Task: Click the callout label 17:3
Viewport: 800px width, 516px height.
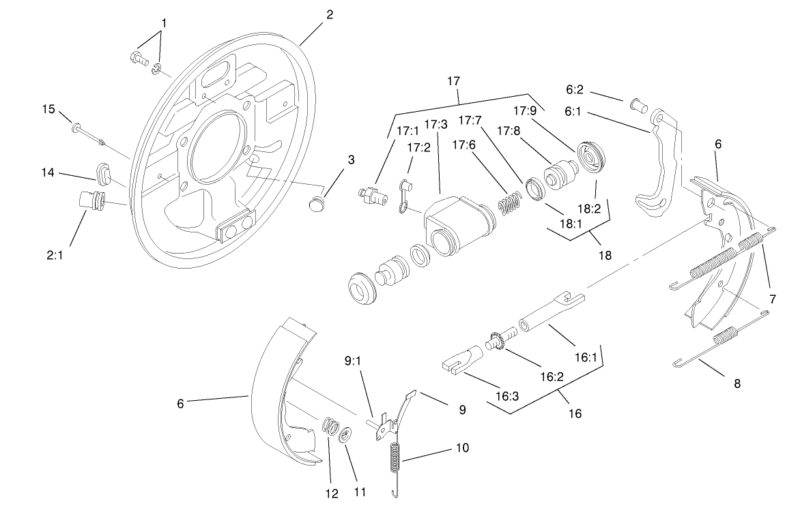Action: tap(435, 124)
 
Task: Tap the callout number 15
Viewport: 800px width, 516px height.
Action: tap(48, 108)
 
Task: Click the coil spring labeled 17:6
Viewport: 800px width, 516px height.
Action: tap(509, 203)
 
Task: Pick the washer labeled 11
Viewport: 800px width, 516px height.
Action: tap(346, 434)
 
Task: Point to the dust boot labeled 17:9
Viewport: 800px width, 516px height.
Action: tap(591, 156)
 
